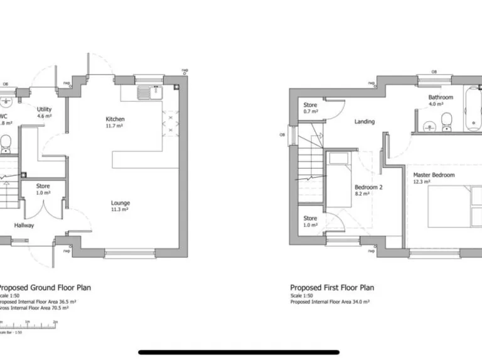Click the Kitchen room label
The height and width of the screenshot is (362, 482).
[x=115, y=119]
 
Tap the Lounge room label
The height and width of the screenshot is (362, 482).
[x=120, y=203]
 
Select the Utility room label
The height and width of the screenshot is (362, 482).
[x=44, y=109]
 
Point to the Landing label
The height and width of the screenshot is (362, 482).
[x=364, y=121]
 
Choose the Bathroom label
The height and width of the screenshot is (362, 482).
[x=441, y=97]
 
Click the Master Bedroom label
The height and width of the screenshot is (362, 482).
[x=434, y=175]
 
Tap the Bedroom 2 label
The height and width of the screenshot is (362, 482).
[x=368, y=187]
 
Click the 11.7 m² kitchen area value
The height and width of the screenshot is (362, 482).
[x=115, y=126]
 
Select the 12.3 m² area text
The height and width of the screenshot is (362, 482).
[x=421, y=182]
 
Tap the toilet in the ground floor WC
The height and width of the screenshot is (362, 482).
[x=4, y=144]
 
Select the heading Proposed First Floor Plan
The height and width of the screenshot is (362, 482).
[x=332, y=288]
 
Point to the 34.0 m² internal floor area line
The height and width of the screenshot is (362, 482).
[x=330, y=302]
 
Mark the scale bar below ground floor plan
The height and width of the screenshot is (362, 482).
[x=28, y=326]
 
